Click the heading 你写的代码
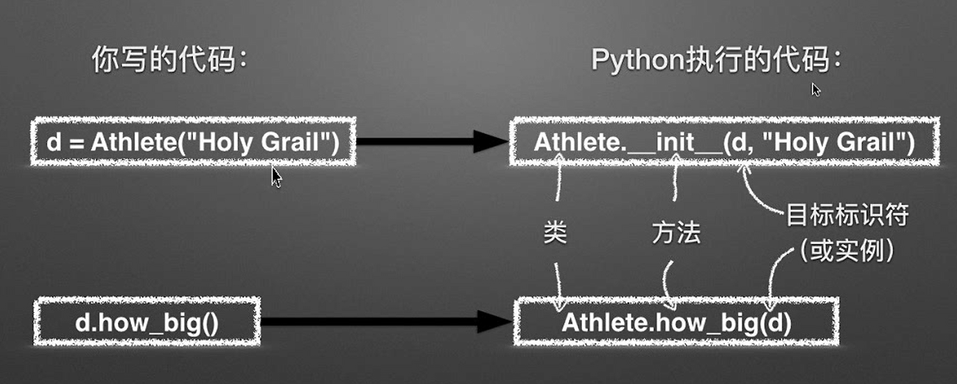[171, 61]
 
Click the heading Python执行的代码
[716, 61]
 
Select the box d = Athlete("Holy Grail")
[193, 142]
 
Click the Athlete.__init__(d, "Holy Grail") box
[724, 142]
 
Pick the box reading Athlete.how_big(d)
[676, 322]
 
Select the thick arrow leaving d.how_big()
[387, 322]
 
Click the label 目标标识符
[846, 216]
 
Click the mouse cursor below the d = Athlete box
[277, 177]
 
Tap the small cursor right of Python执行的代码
[816, 89]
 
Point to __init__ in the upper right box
[674, 143]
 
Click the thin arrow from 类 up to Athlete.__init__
[558, 189]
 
